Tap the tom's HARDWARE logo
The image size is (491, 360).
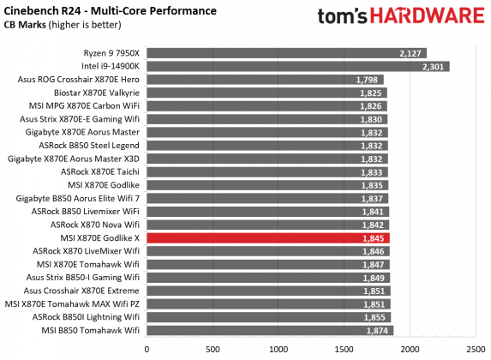coord(401,17)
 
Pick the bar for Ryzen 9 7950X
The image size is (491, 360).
coord(286,53)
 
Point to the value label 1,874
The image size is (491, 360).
coord(378,331)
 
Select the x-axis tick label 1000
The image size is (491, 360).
coord(278,350)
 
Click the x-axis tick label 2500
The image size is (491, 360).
coord(476,350)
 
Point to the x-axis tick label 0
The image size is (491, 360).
coord(147,350)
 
